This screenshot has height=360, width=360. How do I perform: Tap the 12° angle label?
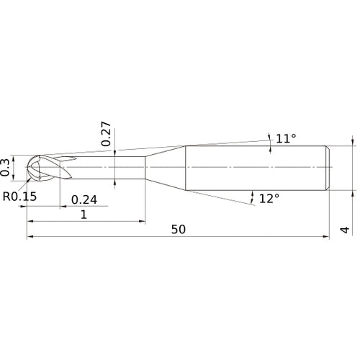(269, 197)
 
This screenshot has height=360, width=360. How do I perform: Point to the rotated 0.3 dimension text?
(7, 167)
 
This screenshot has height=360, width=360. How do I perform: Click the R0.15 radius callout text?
(19, 196)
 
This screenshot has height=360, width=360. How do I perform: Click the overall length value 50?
(179, 229)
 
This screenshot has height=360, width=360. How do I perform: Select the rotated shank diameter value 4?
(344, 230)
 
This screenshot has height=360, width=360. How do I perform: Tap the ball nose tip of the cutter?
(32, 169)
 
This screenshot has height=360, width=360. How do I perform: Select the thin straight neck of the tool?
(108, 168)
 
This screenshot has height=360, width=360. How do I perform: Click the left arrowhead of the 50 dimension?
(30, 236)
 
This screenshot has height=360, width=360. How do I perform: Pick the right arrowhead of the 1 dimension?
(142, 222)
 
